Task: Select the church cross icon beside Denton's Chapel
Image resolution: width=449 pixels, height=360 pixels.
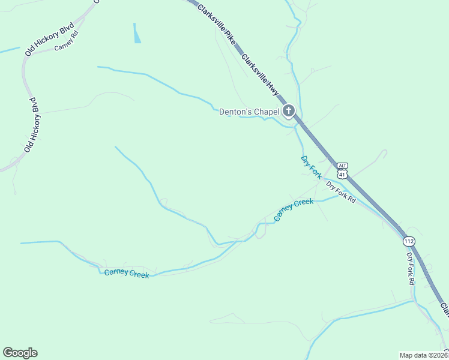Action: click(289, 110)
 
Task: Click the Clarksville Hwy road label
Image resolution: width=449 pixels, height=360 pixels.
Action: click(261, 76)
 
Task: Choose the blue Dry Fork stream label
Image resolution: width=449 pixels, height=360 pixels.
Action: click(311, 167)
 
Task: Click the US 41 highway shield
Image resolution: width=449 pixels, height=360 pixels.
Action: click(342, 174)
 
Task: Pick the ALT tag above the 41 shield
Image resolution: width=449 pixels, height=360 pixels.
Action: click(342, 166)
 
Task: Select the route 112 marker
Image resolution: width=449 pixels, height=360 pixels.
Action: click(409, 241)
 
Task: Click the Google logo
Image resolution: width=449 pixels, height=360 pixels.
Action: click(20, 353)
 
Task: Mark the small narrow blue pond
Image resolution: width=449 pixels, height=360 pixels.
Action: click(137, 34)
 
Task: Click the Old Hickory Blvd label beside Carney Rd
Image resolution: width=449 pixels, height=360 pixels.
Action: click(49, 40)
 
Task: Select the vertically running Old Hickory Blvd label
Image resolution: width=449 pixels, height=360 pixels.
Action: click(34, 124)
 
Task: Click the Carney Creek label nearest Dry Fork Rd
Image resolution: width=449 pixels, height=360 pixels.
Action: click(294, 210)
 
